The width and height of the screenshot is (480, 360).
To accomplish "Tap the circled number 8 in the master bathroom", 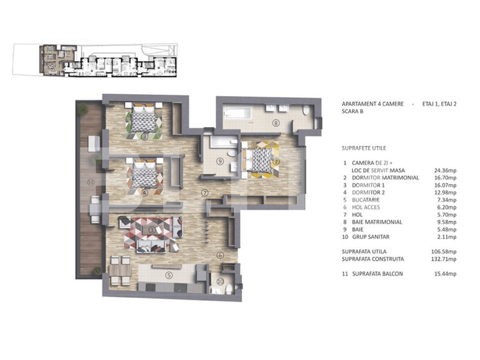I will [276, 123].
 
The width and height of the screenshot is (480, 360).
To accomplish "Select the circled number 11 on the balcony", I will [90, 182].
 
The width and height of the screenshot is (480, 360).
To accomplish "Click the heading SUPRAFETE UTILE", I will [364, 148].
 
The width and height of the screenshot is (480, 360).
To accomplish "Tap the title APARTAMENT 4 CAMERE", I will [373, 103].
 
